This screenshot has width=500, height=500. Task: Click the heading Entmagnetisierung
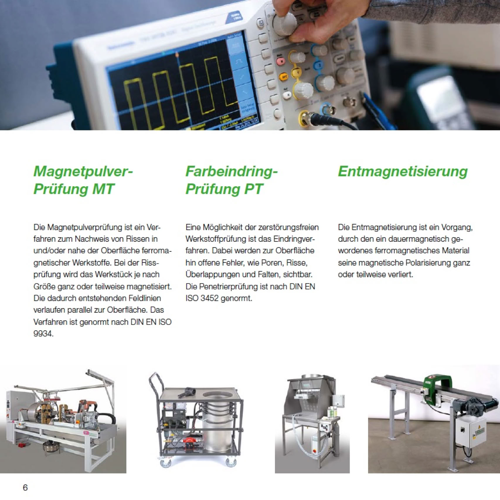(403, 172)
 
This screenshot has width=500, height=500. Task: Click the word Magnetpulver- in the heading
(83, 171)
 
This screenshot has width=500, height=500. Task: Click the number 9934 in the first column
(43, 334)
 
